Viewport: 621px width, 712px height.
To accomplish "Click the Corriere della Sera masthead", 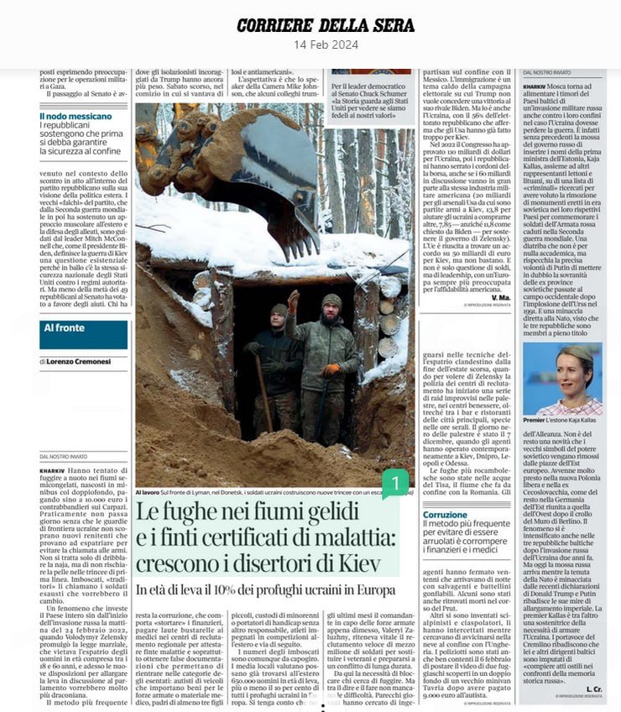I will tap(310, 24).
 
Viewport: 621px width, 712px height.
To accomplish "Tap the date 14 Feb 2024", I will tap(310, 44).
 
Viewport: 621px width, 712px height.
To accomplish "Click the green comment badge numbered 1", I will tap(394, 483).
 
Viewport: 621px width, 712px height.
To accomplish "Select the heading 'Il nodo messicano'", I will tap(76, 116).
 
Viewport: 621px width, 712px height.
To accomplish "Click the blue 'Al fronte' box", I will tap(83, 333).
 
